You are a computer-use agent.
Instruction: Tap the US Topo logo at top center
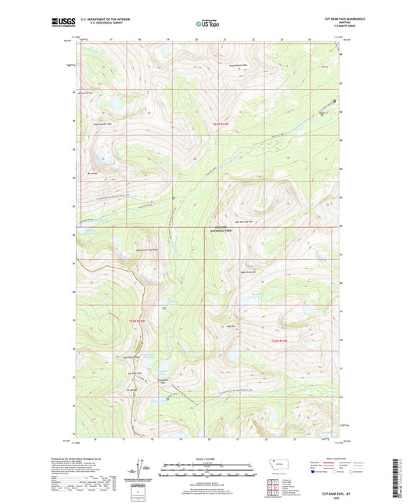click(208, 24)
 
